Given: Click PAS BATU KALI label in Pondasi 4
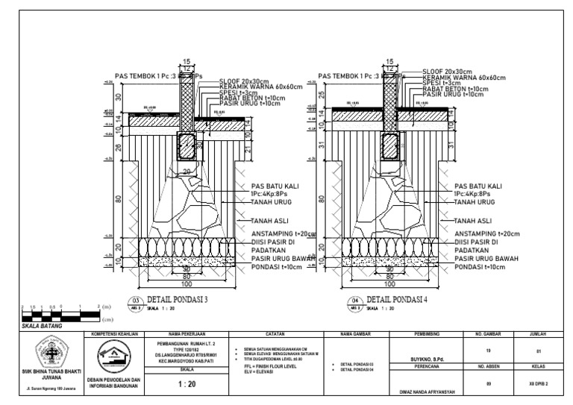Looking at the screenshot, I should (478, 186).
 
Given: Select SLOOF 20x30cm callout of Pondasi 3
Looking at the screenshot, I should (245, 81).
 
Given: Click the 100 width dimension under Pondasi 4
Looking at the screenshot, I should (389, 283).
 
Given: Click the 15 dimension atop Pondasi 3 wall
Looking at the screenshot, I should (187, 61).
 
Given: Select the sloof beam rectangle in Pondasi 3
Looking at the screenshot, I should (187, 146).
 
